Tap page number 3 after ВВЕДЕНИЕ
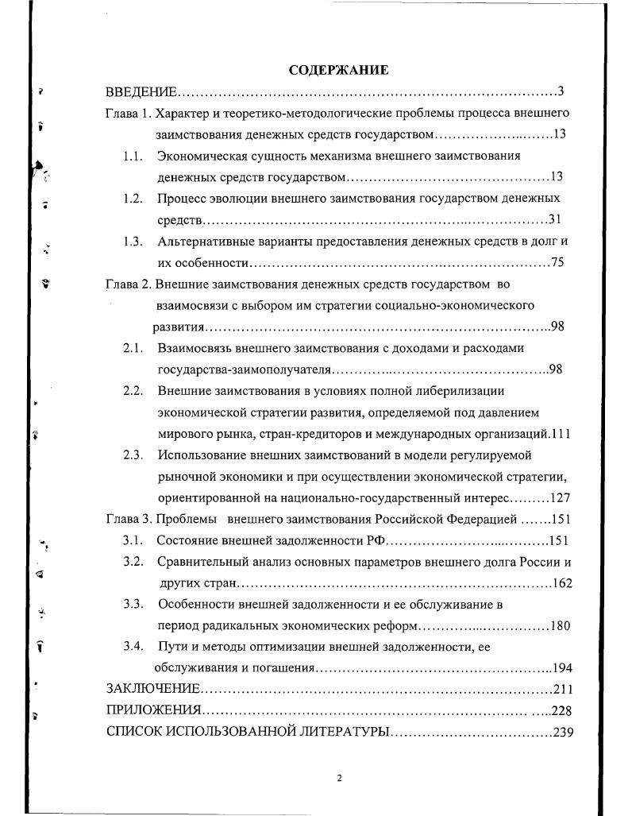pos(561,91)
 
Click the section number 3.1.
pos(133,541)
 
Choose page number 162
pos(562,583)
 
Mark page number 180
pos(560,625)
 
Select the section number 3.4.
pos(133,646)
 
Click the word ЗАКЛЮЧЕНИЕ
pos(152,689)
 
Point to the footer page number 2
pos(339,779)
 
